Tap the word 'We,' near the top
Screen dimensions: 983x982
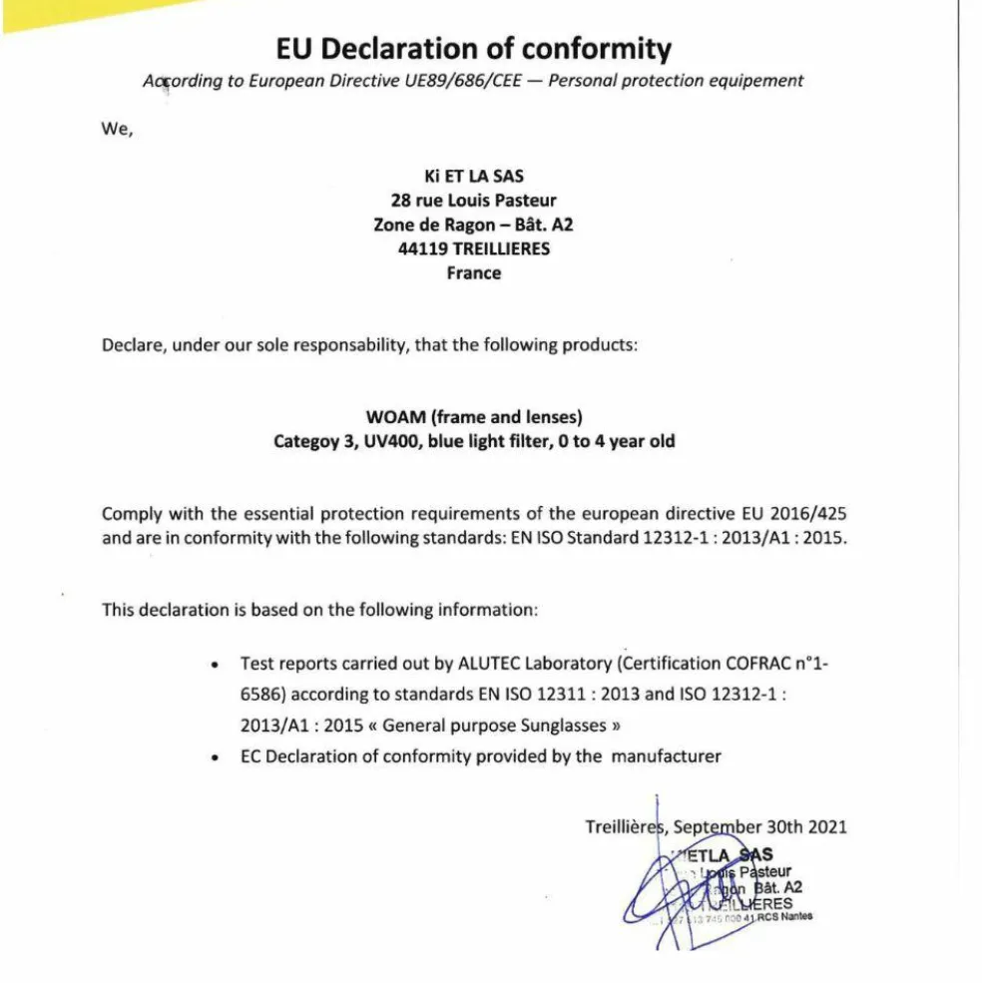117,128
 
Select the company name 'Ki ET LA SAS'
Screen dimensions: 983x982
473,176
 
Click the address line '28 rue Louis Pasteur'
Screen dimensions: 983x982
473,200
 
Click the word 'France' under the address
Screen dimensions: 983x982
473,272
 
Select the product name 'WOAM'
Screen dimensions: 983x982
396,417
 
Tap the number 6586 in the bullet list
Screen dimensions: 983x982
261,694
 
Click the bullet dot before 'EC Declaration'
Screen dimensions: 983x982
216,758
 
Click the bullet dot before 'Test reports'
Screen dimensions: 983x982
216,665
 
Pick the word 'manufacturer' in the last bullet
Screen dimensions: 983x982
666,755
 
